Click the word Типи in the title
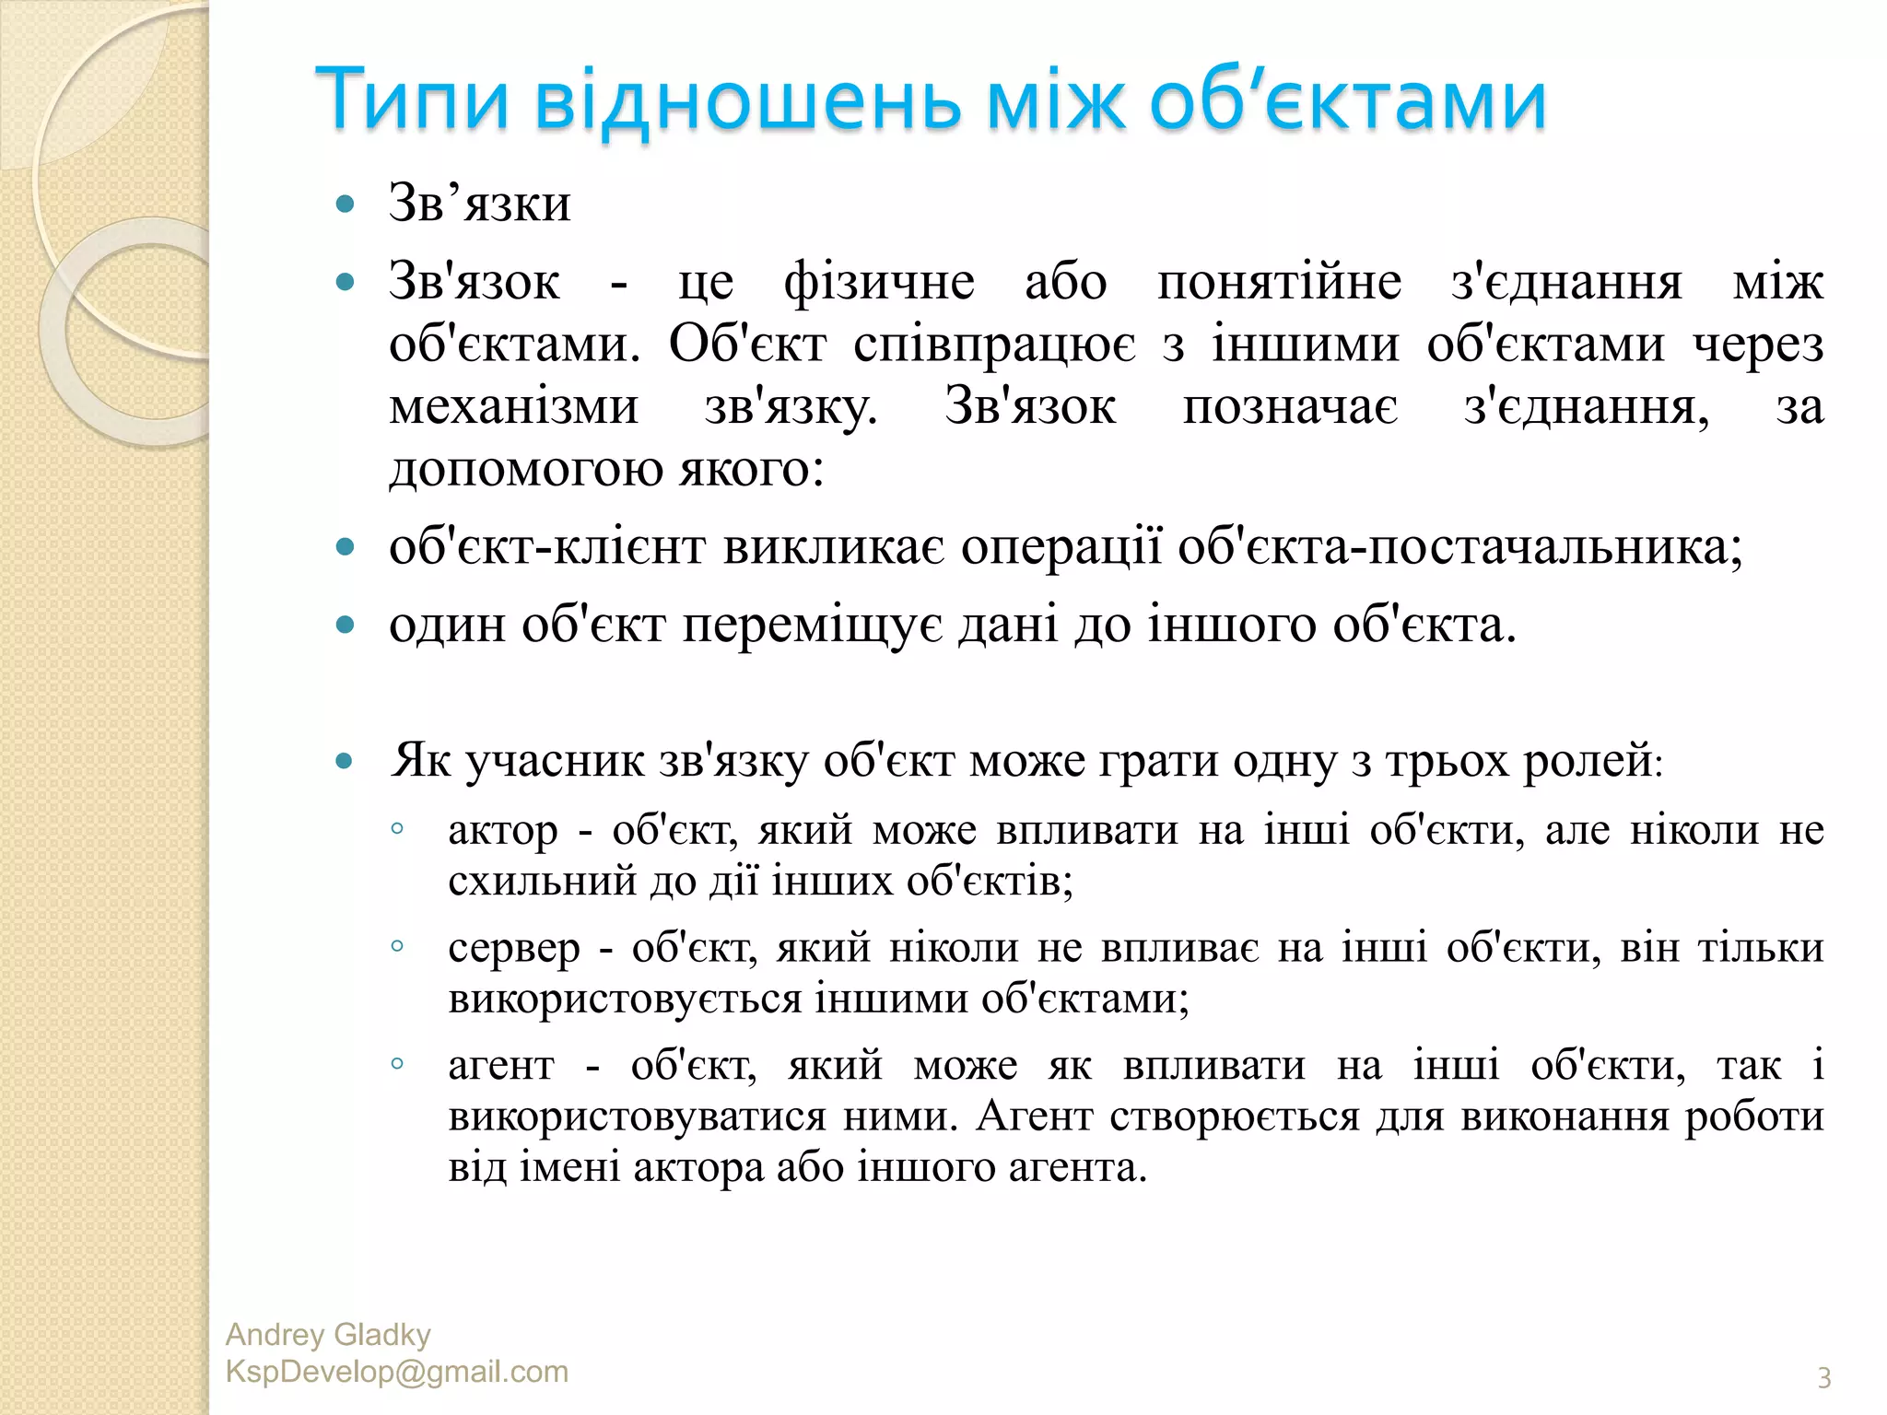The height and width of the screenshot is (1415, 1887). pos(412,99)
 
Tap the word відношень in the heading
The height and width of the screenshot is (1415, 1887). pos(747,99)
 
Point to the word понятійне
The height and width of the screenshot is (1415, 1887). pos(1279,281)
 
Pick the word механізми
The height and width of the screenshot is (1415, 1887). pos(513,406)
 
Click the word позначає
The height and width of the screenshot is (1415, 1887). pos(1290,406)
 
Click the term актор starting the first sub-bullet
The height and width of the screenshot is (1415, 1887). pos(503,831)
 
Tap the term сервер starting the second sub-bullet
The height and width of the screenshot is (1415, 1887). pos(514,948)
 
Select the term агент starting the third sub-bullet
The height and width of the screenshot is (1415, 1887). pos(501,1066)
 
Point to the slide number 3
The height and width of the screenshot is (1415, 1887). pos(1823,1378)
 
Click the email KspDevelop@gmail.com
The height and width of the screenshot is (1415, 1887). pos(397,1372)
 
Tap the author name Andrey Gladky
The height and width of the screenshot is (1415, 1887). pos(328,1335)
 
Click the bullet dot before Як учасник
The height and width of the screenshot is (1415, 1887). pos(346,761)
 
